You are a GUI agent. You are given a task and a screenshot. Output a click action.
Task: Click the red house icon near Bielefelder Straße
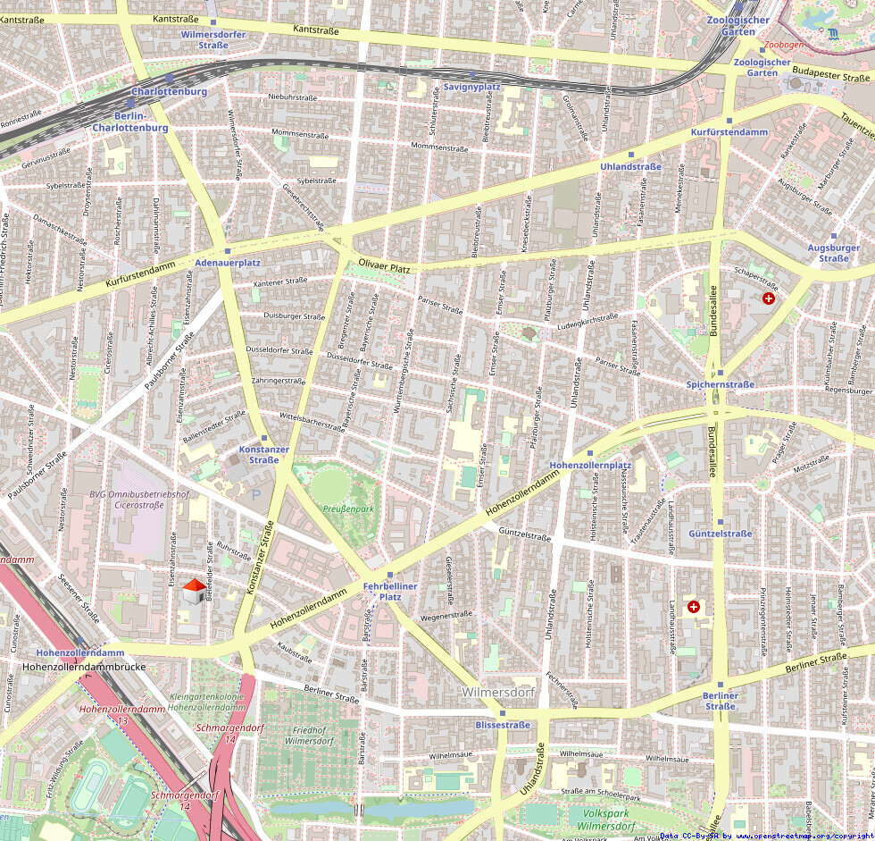[x=193, y=590]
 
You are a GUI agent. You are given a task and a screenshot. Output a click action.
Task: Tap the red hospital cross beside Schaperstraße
[x=769, y=298]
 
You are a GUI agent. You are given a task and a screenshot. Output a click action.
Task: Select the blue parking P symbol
[x=257, y=494]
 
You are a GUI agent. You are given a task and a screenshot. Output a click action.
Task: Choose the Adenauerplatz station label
[x=228, y=263]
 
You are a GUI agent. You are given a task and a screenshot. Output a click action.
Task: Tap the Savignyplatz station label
[x=471, y=87]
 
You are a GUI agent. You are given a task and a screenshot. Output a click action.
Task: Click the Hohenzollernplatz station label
[x=590, y=466]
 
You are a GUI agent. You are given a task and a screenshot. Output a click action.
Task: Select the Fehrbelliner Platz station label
[x=390, y=591]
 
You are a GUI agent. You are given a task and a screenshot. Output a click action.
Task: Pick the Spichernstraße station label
[x=721, y=384]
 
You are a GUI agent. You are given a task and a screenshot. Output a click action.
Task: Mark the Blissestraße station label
[x=503, y=725]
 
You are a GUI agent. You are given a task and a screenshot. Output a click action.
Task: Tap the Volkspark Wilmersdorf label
[x=608, y=820]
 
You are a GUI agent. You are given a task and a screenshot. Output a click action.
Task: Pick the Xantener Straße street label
[x=279, y=282]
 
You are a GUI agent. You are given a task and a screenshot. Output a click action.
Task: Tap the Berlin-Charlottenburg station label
[x=130, y=122]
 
